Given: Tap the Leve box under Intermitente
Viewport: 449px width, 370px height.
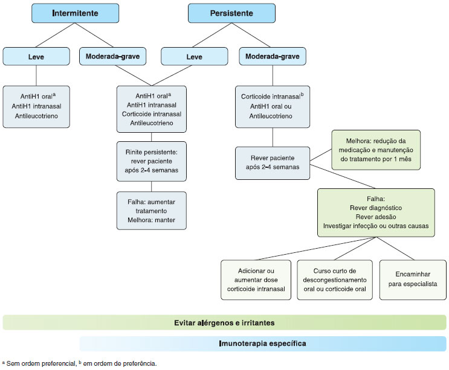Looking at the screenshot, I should pyautogui.click(x=36, y=57).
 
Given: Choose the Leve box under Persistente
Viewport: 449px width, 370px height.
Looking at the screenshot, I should pyautogui.click(x=194, y=57).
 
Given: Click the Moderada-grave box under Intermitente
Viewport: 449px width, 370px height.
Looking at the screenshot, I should pyautogui.click(x=112, y=57).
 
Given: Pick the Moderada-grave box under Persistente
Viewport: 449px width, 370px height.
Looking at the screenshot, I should pyautogui.click(x=273, y=57).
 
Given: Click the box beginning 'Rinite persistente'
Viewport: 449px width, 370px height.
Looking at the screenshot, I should pyautogui.click(x=151, y=160).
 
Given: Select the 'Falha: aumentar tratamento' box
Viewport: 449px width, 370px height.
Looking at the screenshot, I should pyautogui.click(x=151, y=210).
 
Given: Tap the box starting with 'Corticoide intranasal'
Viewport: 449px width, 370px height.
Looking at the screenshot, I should pyautogui.click(x=272, y=107).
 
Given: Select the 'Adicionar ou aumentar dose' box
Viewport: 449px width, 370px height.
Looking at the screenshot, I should pyautogui.click(x=256, y=280).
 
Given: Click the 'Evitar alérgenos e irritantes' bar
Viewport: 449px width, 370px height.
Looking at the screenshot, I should pyautogui.click(x=225, y=322).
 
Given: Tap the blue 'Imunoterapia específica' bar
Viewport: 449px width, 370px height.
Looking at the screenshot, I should pyautogui.click(x=262, y=343).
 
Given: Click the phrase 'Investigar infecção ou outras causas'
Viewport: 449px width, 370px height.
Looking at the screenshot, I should pyautogui.click(x=375, y=225).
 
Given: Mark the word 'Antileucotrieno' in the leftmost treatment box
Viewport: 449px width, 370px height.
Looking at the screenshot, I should pyautogui.click(x=37, y=116).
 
